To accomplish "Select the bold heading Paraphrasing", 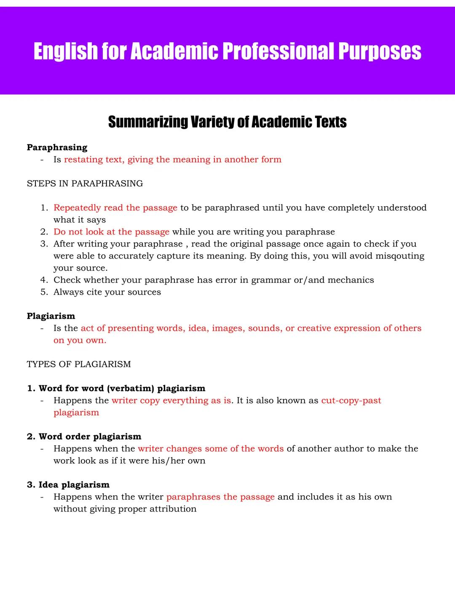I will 57,148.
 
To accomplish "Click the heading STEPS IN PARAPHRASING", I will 85,183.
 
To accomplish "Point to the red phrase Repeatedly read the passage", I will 115,208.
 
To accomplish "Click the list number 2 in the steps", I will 44,232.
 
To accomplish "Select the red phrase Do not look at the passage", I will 111,232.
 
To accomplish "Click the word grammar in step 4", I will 270,280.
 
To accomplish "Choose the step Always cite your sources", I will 107,292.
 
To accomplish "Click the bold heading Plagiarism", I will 51,316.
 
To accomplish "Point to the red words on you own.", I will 80,340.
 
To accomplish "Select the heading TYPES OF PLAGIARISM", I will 79,364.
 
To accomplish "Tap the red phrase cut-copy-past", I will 351,401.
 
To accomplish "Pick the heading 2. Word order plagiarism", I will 84,436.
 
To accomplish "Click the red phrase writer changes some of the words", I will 211,449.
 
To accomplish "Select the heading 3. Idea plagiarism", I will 68,485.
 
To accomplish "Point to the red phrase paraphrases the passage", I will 220,497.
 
